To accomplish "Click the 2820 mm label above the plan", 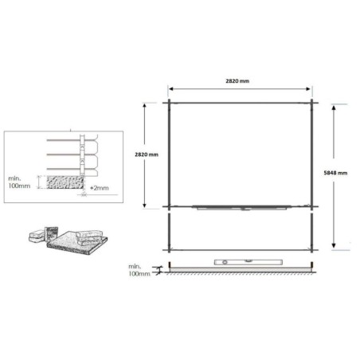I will (238, 81).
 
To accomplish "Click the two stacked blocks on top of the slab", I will (91, 233).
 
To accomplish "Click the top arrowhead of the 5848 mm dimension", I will (334, 104).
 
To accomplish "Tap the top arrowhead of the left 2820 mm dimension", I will (144, 104).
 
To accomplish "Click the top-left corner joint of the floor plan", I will (170, 103).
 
